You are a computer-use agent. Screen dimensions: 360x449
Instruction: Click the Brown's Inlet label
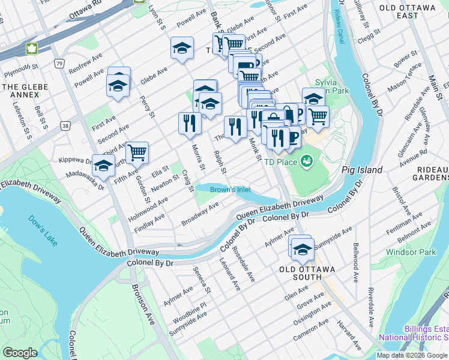click(231, 190)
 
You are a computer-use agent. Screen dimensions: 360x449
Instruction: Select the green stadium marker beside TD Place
click(307, 161)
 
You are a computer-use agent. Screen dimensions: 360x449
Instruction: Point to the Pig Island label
click(362, 170)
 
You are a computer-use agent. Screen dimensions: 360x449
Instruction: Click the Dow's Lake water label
click(41, 227)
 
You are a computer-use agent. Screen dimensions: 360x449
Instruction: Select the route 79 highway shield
click(58, 63)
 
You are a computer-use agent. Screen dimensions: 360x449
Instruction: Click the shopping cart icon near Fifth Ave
click(137, 153)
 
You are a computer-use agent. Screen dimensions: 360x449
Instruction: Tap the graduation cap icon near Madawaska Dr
click(103, 164)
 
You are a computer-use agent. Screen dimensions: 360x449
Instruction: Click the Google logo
click(20, 353)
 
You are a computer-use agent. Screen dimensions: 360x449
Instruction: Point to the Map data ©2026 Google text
click(411, 355)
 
